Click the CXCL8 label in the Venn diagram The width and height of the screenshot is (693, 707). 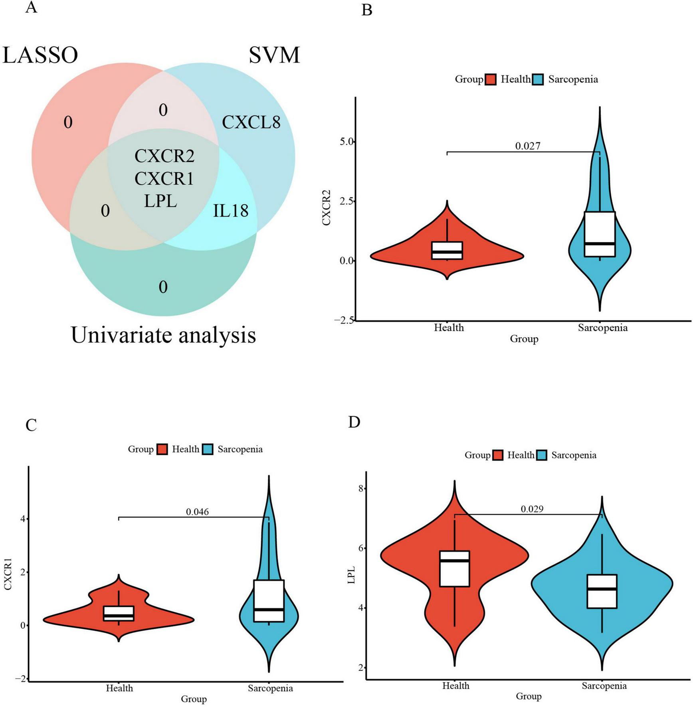(251, 122)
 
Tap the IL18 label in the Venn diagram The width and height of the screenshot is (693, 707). (230, 211)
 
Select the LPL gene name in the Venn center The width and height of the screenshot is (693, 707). (160, 201)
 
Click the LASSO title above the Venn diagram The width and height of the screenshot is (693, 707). (40, 55)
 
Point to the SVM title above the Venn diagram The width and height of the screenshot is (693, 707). (274, 55)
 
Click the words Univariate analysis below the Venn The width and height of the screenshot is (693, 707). (163, 335)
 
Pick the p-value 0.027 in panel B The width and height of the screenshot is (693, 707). (527, 146)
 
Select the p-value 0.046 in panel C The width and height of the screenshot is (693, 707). (197, 511)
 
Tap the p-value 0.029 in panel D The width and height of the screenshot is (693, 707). (532, 509)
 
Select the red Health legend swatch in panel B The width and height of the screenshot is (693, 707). (491, 79)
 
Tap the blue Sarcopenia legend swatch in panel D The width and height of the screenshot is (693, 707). (542, 455)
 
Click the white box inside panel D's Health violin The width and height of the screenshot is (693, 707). (454, 569)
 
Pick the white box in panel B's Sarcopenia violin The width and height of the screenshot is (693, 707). (600, 234)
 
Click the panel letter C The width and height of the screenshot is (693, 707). (31, 425)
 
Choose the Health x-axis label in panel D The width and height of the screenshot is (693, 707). (455, 686)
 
